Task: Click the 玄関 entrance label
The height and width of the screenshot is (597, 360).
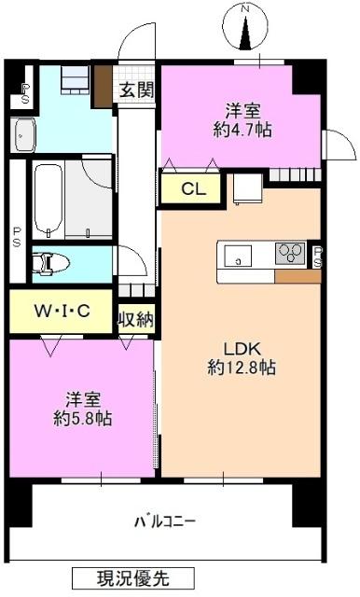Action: (136, 90)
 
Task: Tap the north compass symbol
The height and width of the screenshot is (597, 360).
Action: (247, 28)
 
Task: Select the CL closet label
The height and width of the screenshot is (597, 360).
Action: (193, 189)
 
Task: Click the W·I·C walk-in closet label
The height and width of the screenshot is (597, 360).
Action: (62, 311)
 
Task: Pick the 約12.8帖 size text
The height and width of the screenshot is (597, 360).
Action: (241, 368)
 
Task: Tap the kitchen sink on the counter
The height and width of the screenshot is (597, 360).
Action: (236, 254)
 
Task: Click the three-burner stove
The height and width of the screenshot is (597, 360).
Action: (290, 252)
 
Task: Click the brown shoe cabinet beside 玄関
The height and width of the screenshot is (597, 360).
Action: (103, 87)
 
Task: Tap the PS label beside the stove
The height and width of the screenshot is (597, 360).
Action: (317, 257)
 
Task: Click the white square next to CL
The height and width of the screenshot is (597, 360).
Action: (246, 190)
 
